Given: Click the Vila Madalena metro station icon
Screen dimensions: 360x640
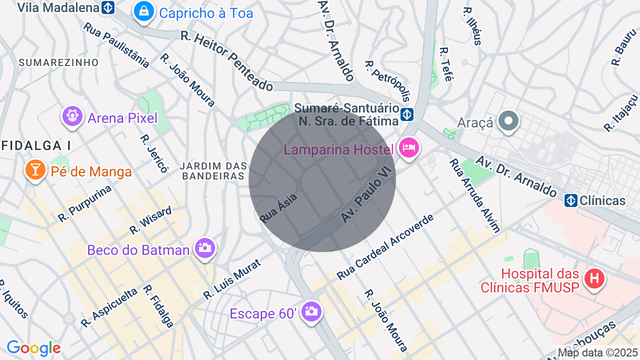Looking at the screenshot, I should pyautogui.click(x=107, y=7).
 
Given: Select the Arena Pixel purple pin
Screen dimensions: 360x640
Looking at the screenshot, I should pyautogui.click(x=72, y=116).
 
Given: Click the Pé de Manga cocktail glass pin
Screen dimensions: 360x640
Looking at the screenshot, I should pyautogui.click(x=35, y=170).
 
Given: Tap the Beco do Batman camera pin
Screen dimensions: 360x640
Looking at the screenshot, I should pyautogui.click(x=204, y=247).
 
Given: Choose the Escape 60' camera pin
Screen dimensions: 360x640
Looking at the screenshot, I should pyautogui.click(x=311, y=311).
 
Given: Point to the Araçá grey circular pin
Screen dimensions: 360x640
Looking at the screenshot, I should pyautogui.click(x=508, y=121).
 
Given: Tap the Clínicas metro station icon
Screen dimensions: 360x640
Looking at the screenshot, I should pyautogui.click(x=571, y=200).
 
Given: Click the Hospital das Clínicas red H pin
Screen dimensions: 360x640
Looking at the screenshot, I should pyautogui.click(x=594, y=278).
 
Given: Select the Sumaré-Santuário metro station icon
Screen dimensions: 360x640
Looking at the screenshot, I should pyautogui.click(x=407, y=114).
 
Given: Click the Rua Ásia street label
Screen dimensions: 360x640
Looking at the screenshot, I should pyautogui.click(x=278, y=208).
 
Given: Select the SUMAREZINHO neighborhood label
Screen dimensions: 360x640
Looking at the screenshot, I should pyautogui.click(x=58, y=62).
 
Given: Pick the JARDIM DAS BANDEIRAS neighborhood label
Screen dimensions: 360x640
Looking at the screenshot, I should pyautogui.click(x=214, y=170).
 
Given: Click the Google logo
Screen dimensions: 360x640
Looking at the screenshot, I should pyautogui.click(x=33, y=348).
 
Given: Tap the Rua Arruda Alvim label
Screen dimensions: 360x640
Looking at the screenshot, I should pyautogui.click(x=474, y=195).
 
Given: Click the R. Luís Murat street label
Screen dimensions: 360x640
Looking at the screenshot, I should pyautogui.click(x=232, y=279).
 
